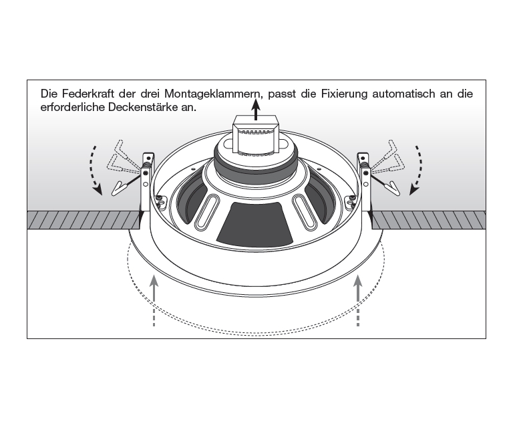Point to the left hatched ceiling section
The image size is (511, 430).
click(80, 219)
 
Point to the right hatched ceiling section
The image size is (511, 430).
click(428, 219)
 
